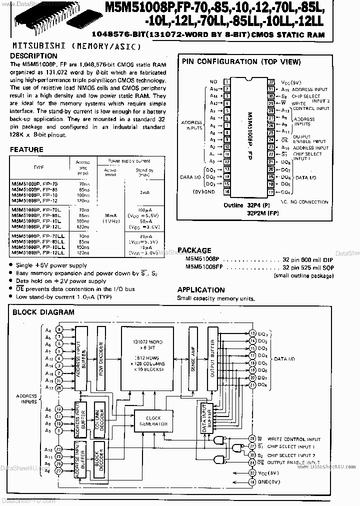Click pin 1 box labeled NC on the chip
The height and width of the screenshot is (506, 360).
227,81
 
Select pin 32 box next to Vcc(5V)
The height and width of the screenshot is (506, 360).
271,81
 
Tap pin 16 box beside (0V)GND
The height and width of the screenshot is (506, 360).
227,191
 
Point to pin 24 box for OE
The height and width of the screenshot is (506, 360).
271,141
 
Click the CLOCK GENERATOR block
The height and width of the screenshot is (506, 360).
153,420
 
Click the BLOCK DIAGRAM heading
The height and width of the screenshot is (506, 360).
43,312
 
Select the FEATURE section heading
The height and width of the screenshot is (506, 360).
26,149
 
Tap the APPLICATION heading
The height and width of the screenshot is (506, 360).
201,289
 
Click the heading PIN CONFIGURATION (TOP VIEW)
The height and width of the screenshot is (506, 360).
241,61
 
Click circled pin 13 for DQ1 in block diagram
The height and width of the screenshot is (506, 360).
252,333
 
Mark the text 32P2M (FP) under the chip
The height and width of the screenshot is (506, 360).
262,212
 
